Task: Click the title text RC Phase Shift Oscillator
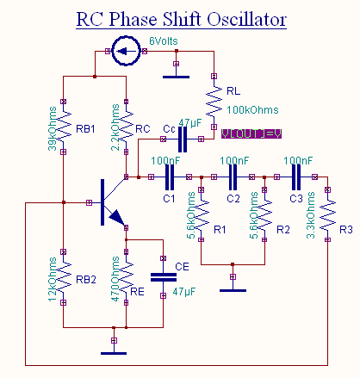tap(180, 18)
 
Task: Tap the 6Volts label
tap(166, 40)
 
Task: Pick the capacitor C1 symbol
tap(169, 177)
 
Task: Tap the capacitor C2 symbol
tap(233, 177)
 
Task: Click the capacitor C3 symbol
tap(295, 177)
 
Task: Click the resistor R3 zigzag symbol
tap(327, 220)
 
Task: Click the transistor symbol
tap(108, 203)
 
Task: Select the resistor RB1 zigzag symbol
tap(63, 129)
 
